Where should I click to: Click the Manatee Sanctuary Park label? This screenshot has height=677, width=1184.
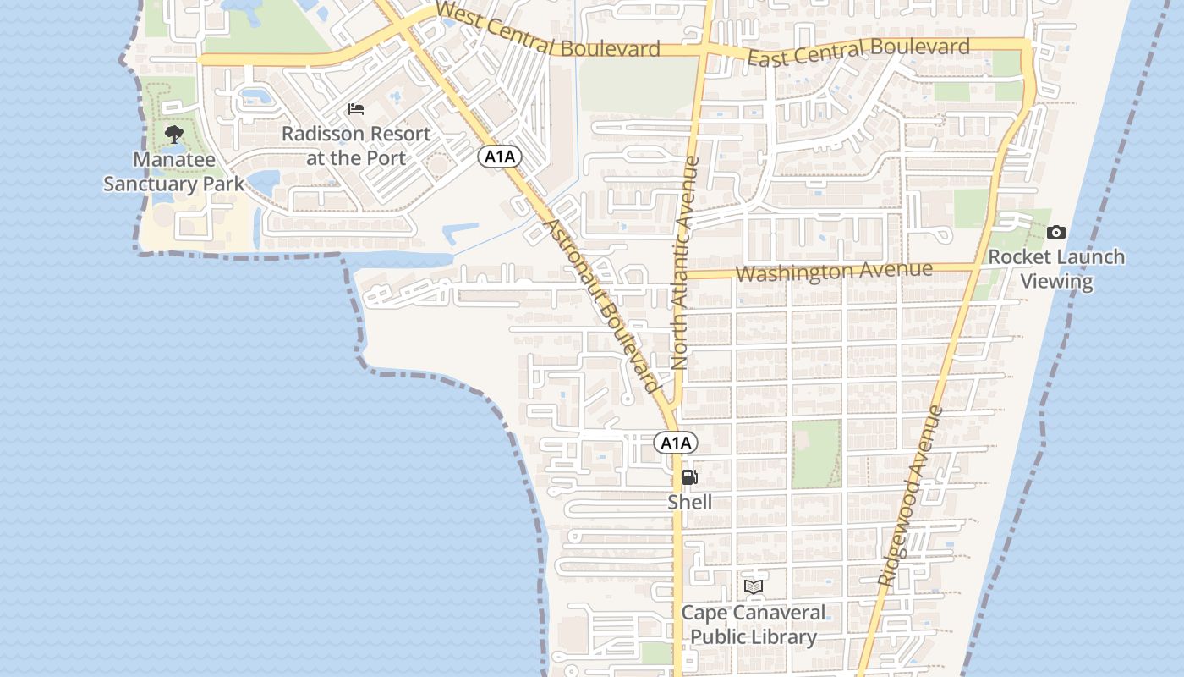click(x=174, y=172)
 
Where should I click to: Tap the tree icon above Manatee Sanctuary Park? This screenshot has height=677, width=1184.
click(x=174, y=134)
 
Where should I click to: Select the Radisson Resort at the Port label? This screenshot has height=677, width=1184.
click(x=356, y=146)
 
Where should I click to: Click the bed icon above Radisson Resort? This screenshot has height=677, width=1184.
click(x=356, y=109)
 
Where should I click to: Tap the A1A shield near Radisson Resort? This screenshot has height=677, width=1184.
click(x=499, y=157)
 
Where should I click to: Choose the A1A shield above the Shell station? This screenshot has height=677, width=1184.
click(x=676, y=443)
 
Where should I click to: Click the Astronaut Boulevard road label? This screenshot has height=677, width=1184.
click(x=601, y=305)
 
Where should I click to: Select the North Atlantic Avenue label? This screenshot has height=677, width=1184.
click(x=682, y=263)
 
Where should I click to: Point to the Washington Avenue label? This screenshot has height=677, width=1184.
click(x=834, y=272)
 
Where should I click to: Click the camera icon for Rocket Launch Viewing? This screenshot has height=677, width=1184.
click(x=1055, y=232)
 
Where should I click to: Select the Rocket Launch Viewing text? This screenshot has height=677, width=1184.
click(x=1056, y=269)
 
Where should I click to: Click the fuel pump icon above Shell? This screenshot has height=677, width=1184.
click(x=690, y=477)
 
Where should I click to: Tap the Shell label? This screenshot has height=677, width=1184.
click(x=690, y=502)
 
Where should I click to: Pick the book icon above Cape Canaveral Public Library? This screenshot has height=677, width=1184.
click(x=754, y=586)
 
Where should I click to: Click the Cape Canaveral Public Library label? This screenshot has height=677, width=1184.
click(x=754, y=625)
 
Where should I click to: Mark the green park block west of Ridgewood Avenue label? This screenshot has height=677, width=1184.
click(x=816, y=454)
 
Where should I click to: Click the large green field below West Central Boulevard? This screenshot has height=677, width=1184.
click(x=639, y=85)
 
